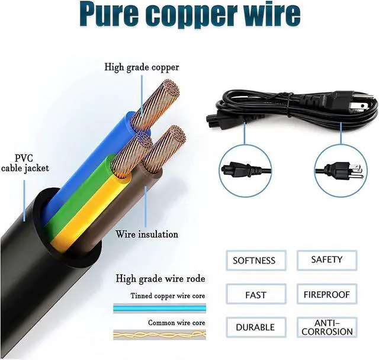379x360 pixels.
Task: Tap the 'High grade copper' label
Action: tap(142, 67)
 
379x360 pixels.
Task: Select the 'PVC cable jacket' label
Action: tap(24, 163)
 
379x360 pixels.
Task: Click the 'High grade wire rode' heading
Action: tap(160, 278)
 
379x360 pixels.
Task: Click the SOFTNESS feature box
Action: tap(254, 261)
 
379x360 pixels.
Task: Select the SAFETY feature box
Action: tap(327, 259)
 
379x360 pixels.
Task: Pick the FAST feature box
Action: tap(255, 294)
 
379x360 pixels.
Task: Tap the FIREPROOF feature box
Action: tap(327, 294)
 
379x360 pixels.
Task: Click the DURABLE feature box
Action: tap(255, 327)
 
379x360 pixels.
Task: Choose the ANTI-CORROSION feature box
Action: tap(327, 327)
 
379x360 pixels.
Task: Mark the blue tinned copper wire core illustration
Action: tap(160, 307)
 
